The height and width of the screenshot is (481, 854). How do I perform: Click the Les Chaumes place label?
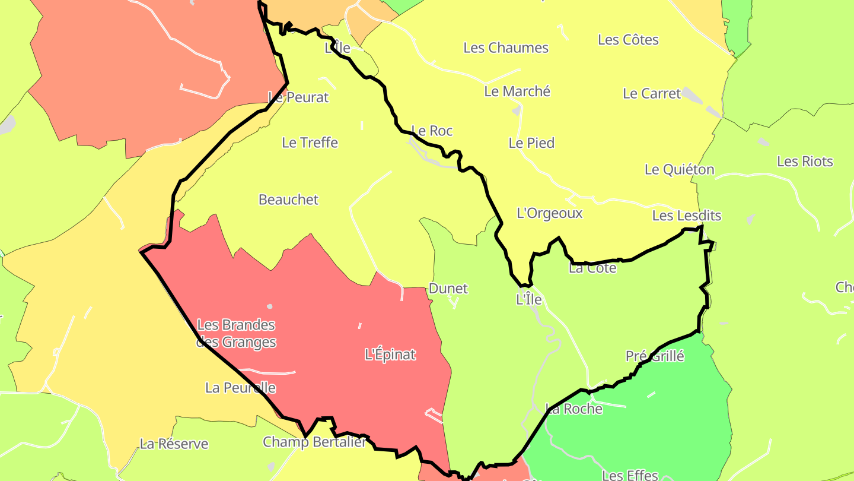[506, 48]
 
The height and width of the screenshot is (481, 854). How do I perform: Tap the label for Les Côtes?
[628, 40]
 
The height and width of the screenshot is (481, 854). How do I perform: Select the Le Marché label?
[517, 91]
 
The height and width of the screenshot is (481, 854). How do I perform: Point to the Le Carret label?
[652, 94]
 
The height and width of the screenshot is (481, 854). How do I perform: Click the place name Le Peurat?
[298, 97]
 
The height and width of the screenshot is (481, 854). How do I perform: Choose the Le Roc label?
[432, 131]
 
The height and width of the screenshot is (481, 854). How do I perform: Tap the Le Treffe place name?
[310, 143]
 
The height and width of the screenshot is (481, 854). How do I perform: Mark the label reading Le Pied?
[531, 143]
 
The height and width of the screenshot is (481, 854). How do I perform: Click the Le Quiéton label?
[679, 170]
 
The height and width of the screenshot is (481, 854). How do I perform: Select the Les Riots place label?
[805, 162]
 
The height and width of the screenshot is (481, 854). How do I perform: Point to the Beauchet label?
[288, 200]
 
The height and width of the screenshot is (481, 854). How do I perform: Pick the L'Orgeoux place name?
[550, 213]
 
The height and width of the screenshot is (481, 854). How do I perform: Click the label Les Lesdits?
[686, 216]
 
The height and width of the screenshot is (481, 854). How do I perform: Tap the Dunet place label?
[448, 289]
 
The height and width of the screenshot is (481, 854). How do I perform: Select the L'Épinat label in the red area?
[390, 355]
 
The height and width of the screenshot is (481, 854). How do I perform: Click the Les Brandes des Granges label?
[236, 334]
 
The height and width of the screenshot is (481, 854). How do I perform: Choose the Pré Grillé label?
[655, 356]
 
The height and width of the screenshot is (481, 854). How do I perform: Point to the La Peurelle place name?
[240, 388]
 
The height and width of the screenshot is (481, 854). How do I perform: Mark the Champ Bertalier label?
[314, 442]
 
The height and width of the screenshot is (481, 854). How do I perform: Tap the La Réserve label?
[174, 444]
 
